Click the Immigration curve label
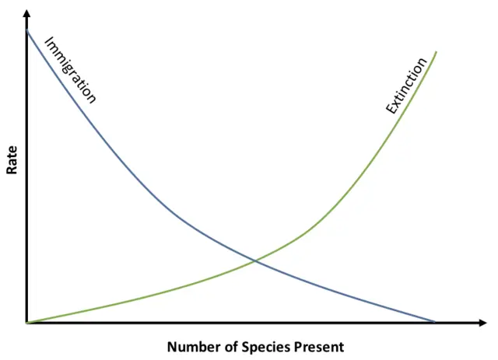pos(71,70)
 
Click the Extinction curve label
pos(407,86)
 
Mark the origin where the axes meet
pos(27,322)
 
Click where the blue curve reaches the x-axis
pos(433,321)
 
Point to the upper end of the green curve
pos(436,52)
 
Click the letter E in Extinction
pos(390,111)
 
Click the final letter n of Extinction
pos(424,62)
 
